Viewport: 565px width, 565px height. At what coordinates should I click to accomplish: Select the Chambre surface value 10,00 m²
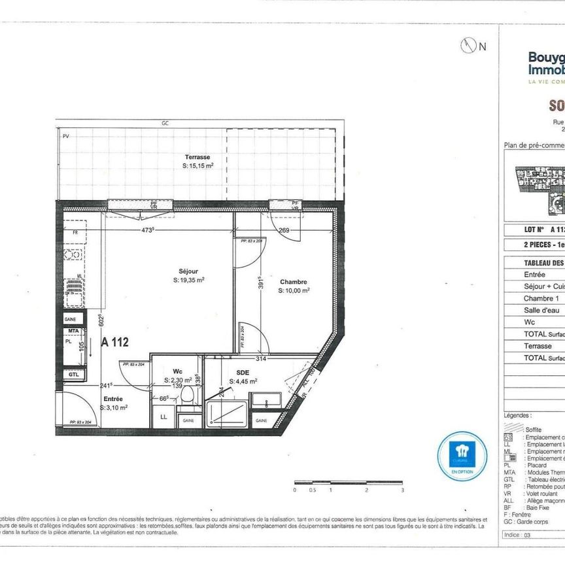(294, 291)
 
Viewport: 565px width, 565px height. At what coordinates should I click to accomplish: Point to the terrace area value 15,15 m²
(197, 166)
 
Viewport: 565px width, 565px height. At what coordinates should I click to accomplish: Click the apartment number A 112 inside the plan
(114, 341)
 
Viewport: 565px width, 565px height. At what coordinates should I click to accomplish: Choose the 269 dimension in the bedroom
(284, 230)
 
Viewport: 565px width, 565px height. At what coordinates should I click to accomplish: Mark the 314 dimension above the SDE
(262, 359)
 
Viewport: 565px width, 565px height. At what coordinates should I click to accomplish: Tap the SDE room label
(234, 372)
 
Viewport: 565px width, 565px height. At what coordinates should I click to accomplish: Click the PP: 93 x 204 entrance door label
(84, 424)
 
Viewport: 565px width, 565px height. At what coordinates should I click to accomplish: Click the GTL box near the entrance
(73, 375)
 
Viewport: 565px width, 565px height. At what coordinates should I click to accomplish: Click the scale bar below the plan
(348, 483)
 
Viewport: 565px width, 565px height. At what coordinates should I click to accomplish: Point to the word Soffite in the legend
(534, 429)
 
